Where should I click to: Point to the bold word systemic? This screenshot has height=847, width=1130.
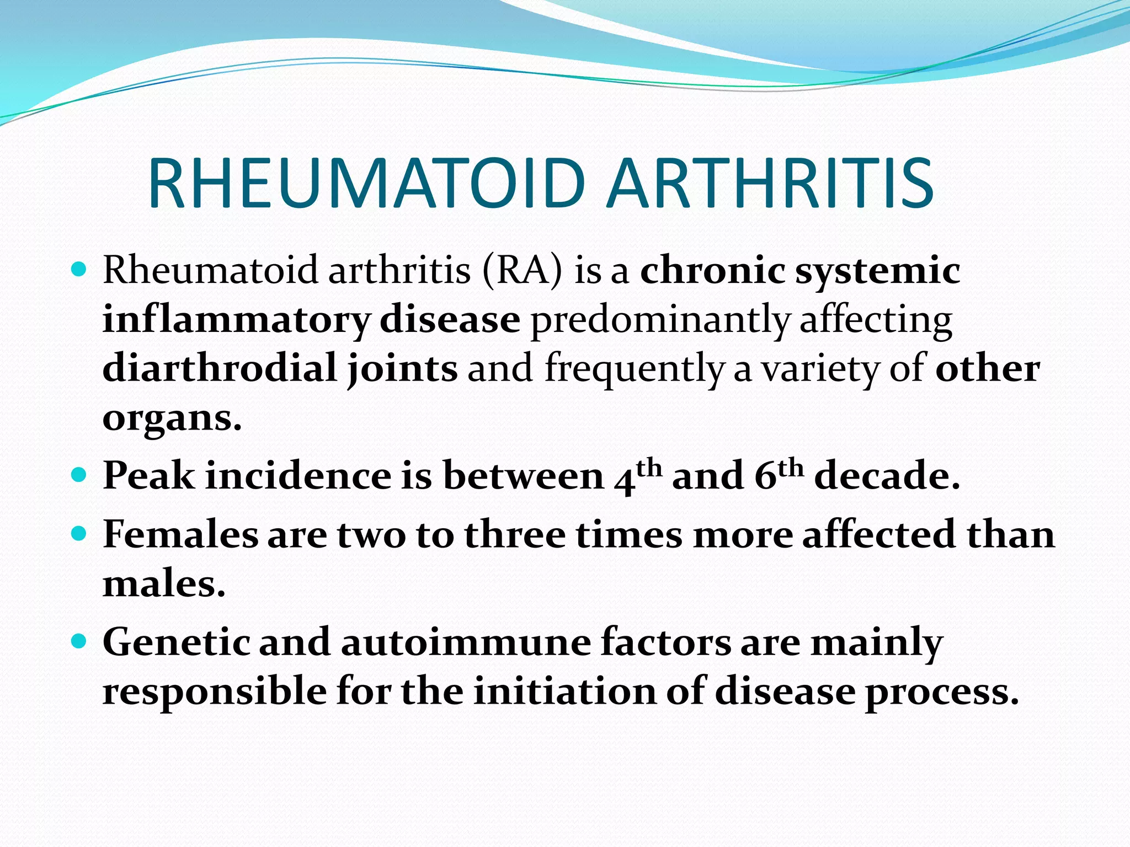point(877,271)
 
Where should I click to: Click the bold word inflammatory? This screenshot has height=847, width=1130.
point(236,320)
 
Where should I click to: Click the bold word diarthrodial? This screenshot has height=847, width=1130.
point(220,368)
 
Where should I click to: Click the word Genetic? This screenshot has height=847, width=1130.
point(176,642)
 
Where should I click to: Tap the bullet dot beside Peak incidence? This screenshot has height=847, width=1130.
point(79,474)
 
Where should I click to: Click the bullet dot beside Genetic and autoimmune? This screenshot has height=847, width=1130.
point(79,641)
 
